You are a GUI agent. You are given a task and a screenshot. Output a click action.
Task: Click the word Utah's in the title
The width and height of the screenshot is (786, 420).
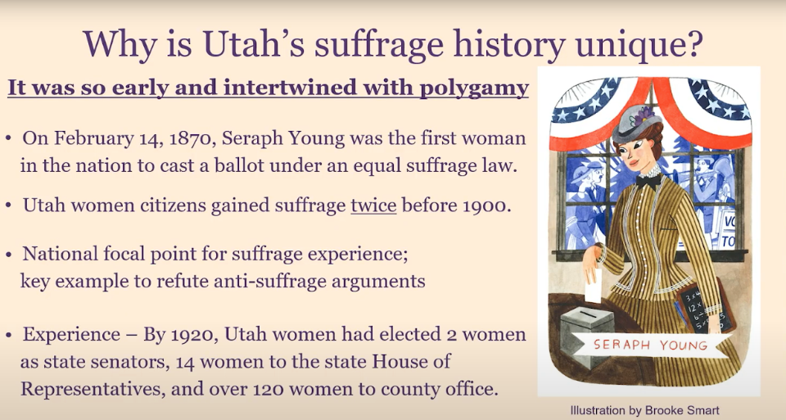point(254,44)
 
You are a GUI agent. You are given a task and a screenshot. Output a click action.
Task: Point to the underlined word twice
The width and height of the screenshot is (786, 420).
point(373,205)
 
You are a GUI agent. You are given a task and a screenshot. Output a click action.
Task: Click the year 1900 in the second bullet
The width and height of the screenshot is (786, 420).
point(483,205)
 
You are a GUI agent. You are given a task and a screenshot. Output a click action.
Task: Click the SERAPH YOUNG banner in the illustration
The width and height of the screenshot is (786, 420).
point(651,345)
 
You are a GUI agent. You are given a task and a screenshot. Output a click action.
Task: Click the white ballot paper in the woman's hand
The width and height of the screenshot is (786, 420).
point(593,285)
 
